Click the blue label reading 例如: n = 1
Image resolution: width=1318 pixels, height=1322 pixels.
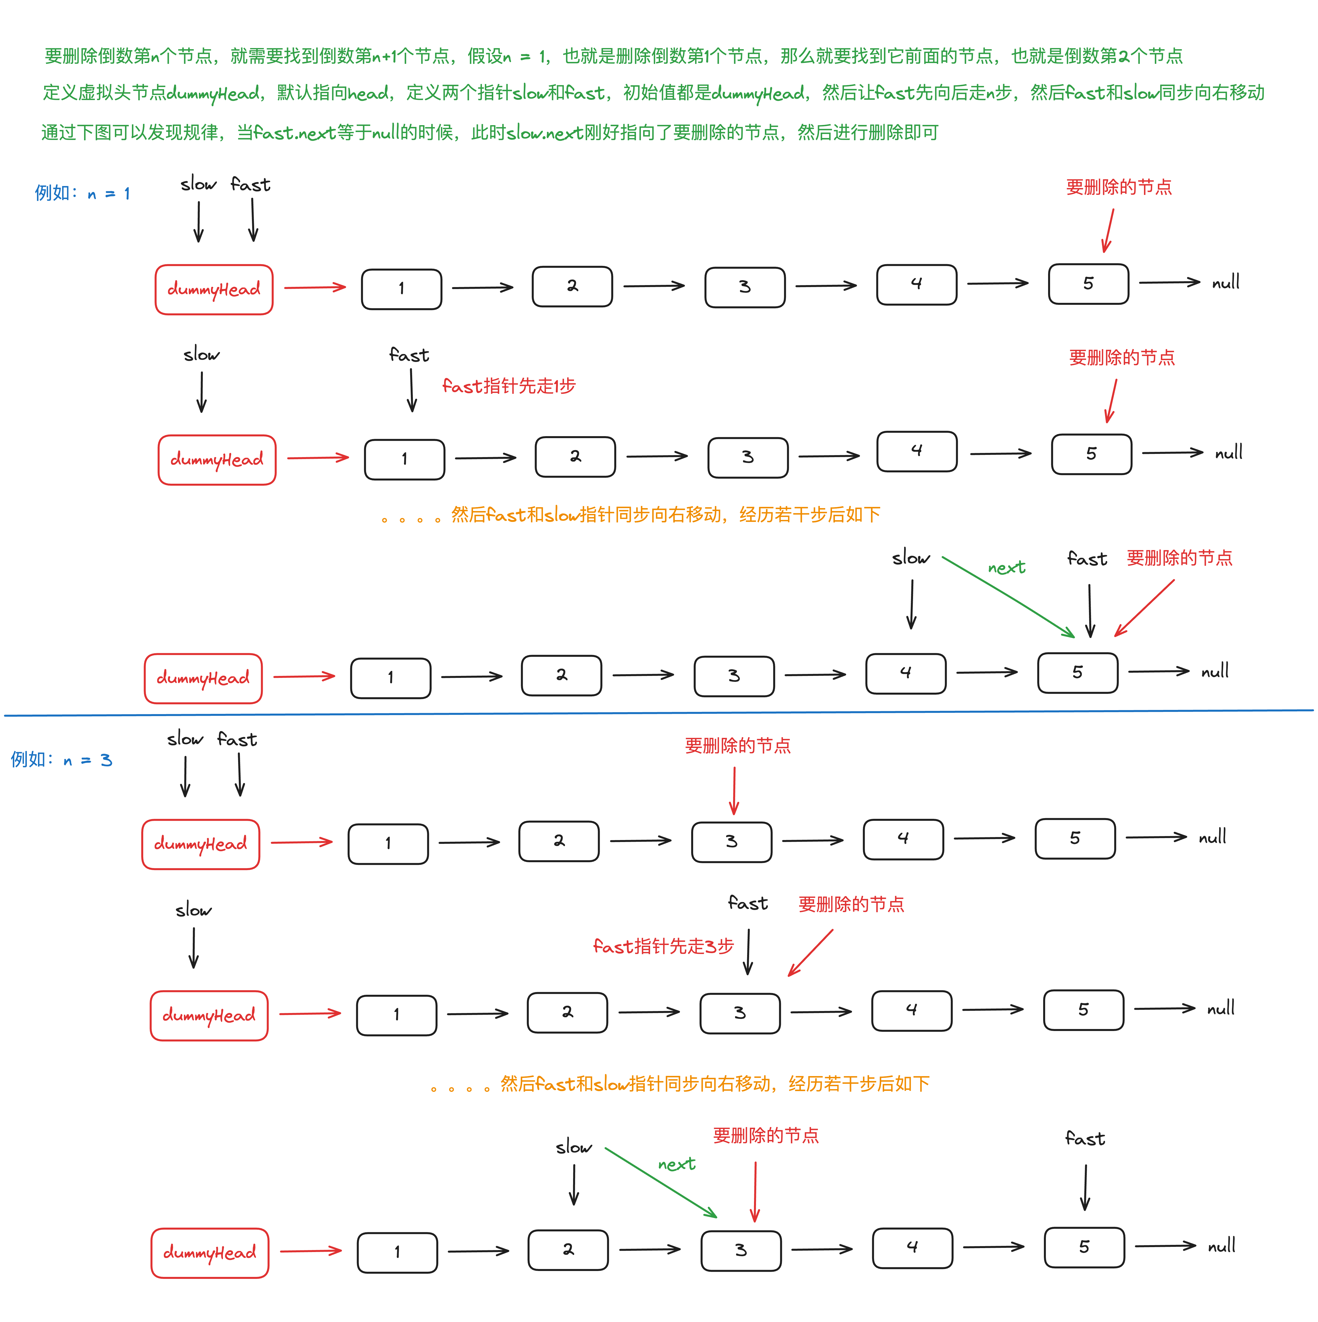82,194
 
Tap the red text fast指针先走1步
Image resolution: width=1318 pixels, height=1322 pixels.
509,387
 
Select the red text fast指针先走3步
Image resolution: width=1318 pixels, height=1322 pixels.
663,946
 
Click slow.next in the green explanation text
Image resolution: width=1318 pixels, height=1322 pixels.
545,133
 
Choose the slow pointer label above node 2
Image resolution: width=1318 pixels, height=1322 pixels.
573,1148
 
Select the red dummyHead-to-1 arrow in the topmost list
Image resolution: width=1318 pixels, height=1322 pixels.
315,287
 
